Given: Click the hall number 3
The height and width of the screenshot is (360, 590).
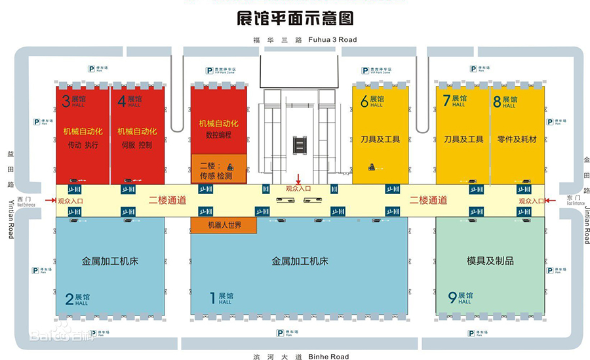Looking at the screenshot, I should tap(66, 101).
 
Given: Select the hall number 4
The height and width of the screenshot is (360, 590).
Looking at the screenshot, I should tap(121, 101).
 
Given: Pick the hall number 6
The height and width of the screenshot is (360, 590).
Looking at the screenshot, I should tap(364, 101).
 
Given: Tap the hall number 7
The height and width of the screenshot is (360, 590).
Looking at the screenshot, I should tap(446, 101).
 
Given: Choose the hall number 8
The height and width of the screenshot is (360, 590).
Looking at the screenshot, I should tap(497, 101).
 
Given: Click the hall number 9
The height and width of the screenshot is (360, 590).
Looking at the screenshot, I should tap(452, 298).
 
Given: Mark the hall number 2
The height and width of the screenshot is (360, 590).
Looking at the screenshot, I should tap(69, 300).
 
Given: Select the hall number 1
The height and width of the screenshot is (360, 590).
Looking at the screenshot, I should tap(212, 299).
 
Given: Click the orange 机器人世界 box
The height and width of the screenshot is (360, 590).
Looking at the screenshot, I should tap(224, 225).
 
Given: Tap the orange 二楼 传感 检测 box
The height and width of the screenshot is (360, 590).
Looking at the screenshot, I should tap(218, 169).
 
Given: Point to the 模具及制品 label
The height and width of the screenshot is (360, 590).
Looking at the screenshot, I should tap(490, 260).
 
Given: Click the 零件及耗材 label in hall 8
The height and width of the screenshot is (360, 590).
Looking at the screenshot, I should tap(517, 139).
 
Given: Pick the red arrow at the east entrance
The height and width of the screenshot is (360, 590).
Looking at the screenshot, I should tap(550, 201).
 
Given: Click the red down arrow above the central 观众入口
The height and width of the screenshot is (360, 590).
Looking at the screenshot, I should tap(298, 178).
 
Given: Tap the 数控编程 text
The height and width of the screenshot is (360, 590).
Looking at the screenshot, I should tap(218, 135).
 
